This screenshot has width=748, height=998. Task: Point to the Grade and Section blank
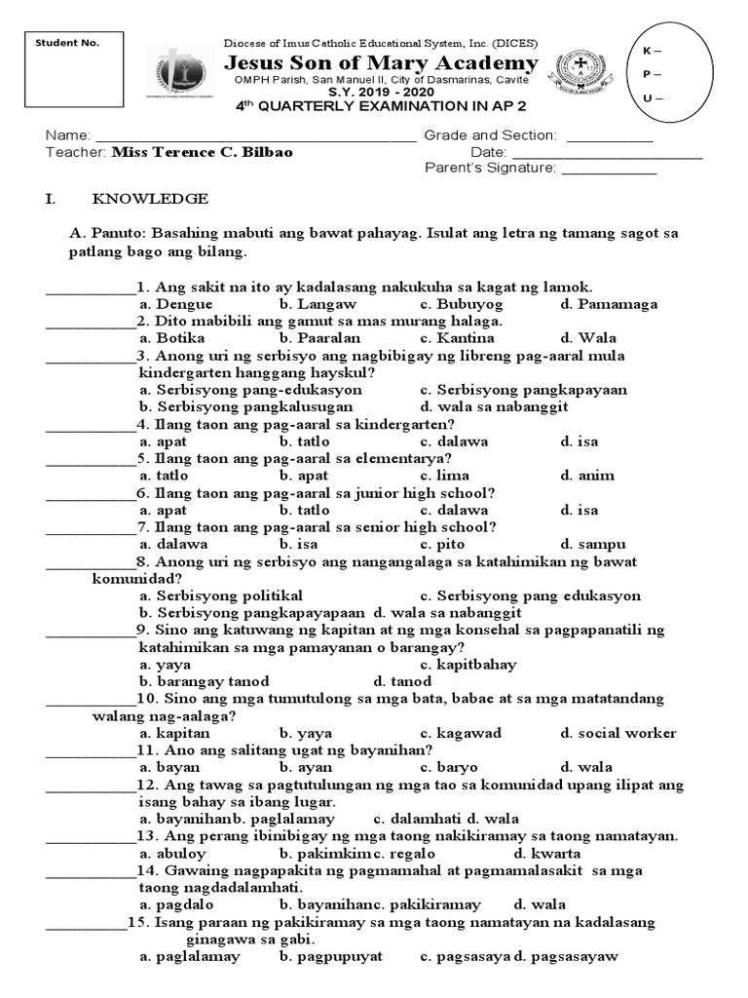[610, 136]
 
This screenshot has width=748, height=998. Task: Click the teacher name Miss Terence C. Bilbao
[203, 153]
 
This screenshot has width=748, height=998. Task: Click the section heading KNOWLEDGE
[150, 199]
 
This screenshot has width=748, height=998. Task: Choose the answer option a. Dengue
[176, 304]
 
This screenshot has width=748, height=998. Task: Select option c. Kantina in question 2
[453, 338]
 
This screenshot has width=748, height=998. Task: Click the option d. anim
[587, 476]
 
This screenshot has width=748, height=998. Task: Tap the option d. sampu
[593, 544]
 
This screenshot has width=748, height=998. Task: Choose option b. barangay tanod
[205, 681]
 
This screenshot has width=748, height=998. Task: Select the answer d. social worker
[618, 733]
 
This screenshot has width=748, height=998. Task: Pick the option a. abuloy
[173, 853]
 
